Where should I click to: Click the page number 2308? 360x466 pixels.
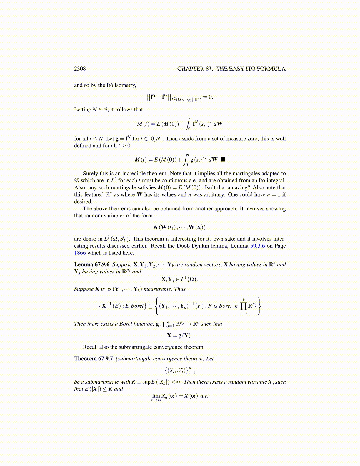coord(80,69)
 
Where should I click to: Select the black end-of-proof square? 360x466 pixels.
coord(223,159)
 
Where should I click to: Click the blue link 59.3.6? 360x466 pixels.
coord(257,246)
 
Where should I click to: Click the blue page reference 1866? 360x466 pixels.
coord(80,253)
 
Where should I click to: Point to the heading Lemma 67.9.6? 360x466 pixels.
coord(91,264)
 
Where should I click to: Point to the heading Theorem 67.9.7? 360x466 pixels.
coord(93,359)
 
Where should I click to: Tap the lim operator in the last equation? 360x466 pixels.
coord(156,396)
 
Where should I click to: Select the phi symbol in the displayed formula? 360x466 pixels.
coord(156,227)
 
